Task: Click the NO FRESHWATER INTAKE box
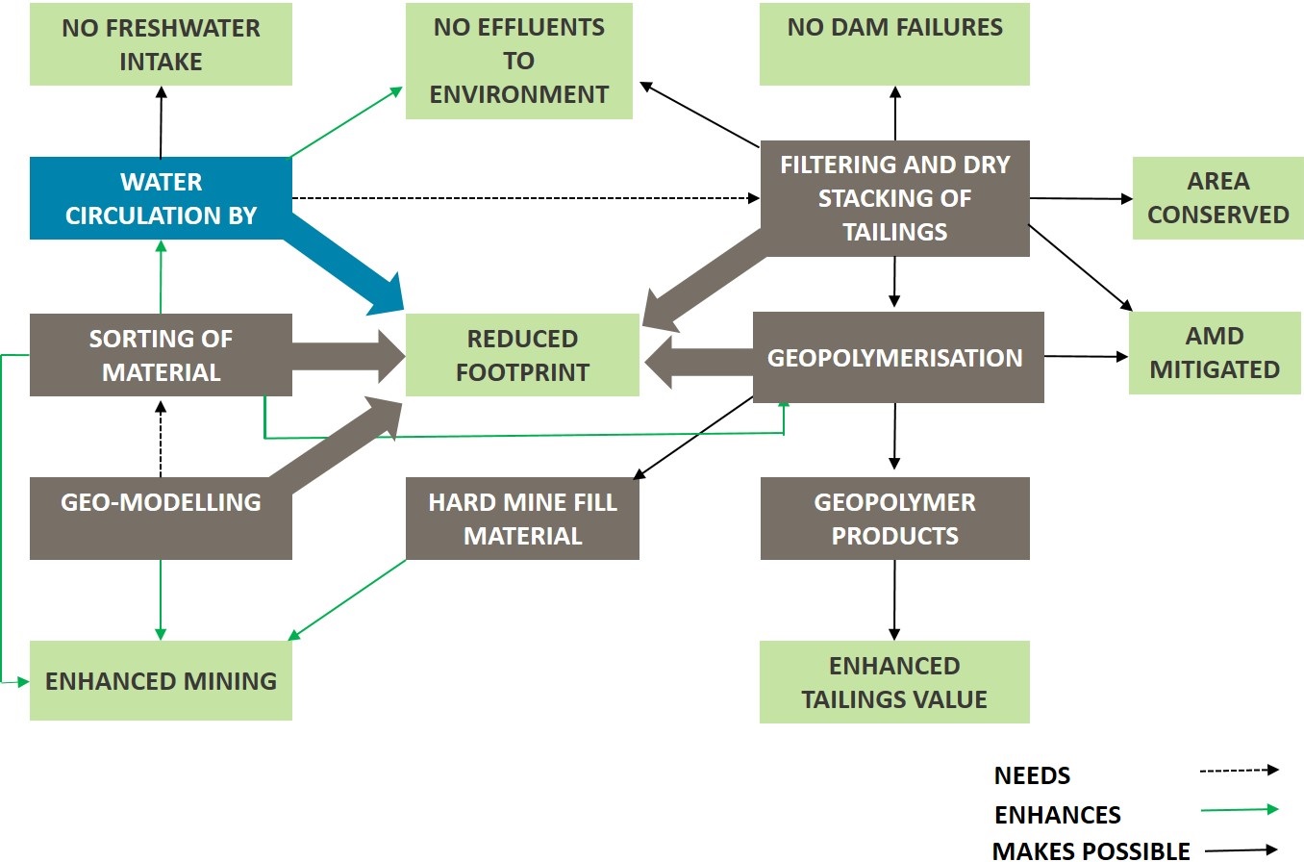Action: (161, 44)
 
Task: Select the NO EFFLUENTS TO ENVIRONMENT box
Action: (518, 62)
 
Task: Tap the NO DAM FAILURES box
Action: (894, 44)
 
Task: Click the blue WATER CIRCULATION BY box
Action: (161, 198)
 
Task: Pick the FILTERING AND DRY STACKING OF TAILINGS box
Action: (894, 198)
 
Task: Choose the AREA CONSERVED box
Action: (1217, 198)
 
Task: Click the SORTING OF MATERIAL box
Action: (161, 355)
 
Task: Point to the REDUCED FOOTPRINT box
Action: (522, 355)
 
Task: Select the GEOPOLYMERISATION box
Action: (898, 357)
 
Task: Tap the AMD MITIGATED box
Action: (1215, 353)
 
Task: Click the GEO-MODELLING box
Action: (161, 519)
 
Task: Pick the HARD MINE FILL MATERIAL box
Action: (522, 519)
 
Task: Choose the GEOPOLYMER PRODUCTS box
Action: (894, 519)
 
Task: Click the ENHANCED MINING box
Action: (161, 680)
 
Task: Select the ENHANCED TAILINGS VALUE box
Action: (894, 682)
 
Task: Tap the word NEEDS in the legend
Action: (1032, 775)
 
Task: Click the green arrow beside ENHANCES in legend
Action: (1240, 809)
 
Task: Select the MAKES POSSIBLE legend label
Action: (1091, 850)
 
